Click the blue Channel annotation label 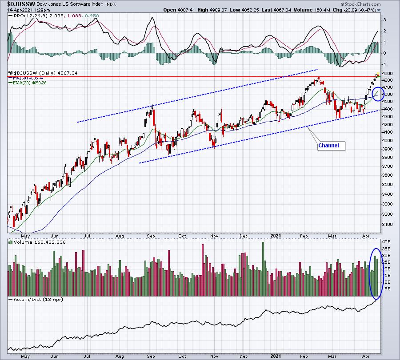(x=328, y=146)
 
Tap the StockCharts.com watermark (x=360, y=4)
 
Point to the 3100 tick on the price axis (x=388, y=225)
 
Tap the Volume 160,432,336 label (x=40, y=242)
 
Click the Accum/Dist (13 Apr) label (x=38, y=299)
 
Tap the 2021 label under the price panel (x=276, y=236)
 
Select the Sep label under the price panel (x=151, y=236)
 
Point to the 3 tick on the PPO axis (x=384, y=20)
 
